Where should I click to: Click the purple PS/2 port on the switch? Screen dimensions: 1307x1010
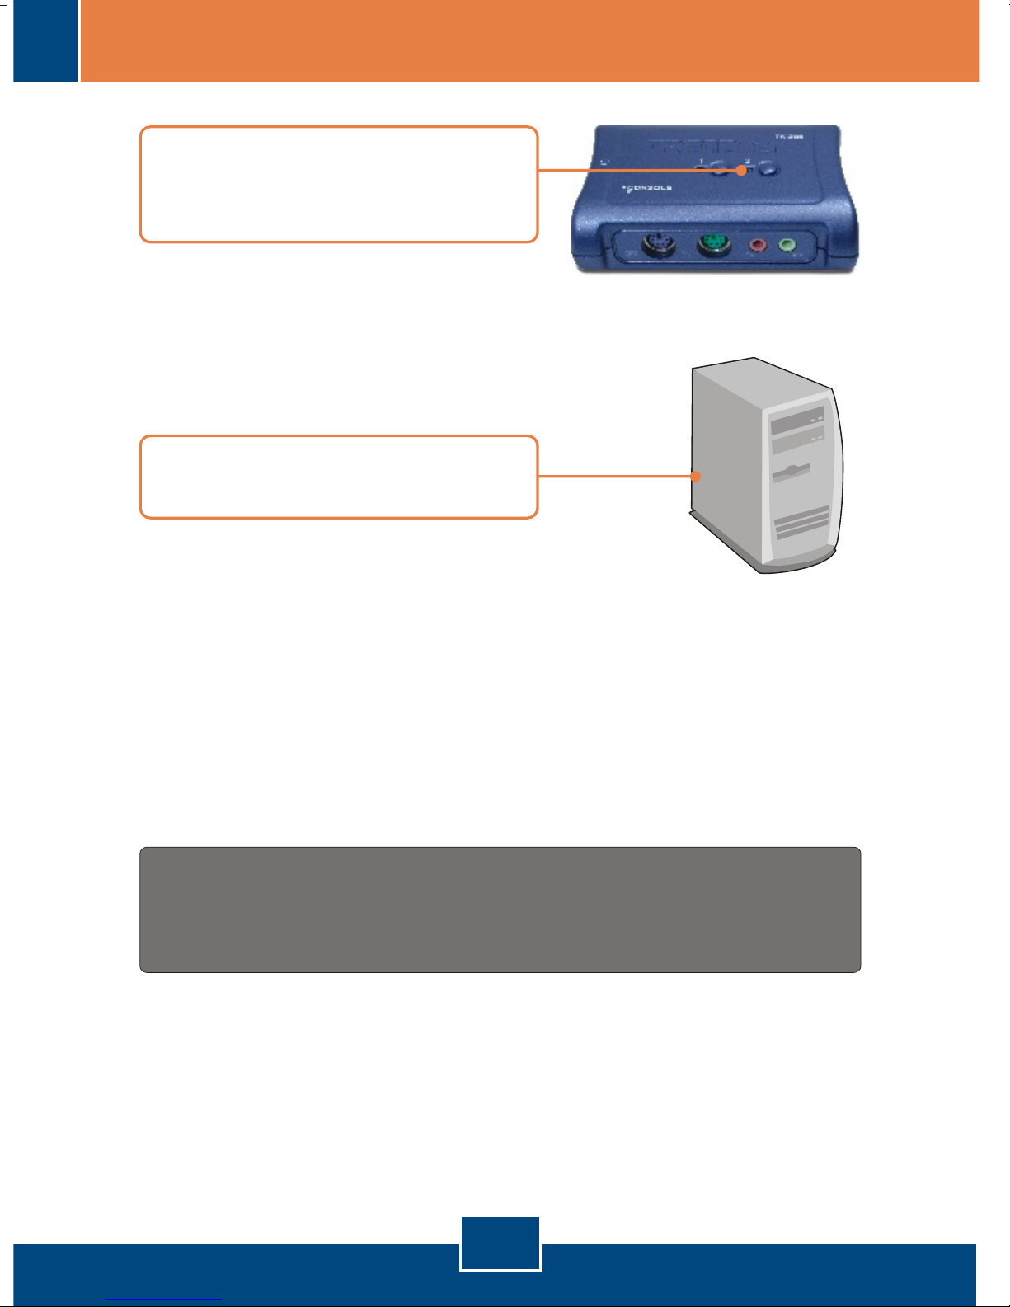point(659,247)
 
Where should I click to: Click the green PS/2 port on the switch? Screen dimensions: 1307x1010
point(713,246)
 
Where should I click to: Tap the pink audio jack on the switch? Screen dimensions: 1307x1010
point(757,246)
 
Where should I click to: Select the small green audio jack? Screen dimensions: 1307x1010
point(787,245)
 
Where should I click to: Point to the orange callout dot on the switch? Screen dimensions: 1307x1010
point(742,170)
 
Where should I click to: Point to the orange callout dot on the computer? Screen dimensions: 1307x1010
point(697,476)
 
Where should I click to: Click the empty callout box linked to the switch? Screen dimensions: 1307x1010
point(338,184)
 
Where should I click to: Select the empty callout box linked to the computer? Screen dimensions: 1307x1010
point(338,477)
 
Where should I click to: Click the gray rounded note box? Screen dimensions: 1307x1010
point(500,909)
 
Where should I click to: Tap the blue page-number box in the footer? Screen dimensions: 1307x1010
point(500,1243)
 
